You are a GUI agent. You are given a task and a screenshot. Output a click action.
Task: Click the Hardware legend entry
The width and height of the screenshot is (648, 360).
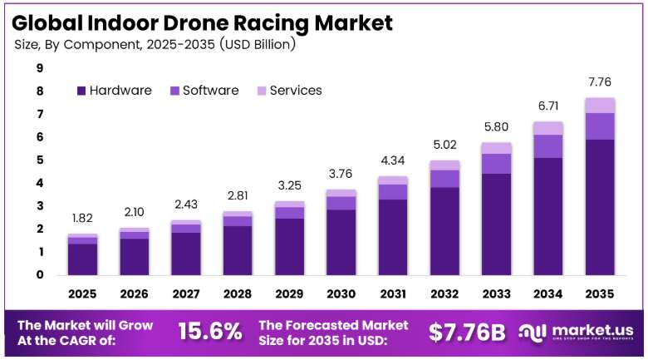click(115, 90)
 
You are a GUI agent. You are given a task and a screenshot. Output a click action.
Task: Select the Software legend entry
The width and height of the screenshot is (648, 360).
click(204, 90)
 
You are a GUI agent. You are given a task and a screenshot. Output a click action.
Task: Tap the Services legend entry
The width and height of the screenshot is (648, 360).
click(289, 90)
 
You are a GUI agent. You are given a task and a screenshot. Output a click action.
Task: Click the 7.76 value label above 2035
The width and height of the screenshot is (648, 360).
click(600, 82)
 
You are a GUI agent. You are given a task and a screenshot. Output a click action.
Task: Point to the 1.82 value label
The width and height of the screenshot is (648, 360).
click(82, 218)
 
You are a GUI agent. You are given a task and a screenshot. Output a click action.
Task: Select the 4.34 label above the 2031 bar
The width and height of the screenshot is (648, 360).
click(393, 160)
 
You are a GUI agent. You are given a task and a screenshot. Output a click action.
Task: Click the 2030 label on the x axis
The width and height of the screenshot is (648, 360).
click(341, 293)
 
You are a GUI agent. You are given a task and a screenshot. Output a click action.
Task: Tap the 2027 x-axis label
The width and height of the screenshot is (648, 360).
click(186, 293)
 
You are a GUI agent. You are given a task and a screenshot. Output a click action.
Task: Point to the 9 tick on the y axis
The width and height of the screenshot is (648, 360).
click(40, 68)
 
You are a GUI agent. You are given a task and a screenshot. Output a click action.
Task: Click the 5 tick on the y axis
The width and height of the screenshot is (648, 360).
click(40, 160)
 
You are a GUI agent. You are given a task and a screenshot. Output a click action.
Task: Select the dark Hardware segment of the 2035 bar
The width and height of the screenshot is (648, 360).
click(600, 207)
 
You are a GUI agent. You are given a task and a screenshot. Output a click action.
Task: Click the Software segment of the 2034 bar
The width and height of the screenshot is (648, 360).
click(548, 146)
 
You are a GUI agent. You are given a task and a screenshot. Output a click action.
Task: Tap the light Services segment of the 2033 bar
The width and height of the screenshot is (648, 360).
click(496, 148)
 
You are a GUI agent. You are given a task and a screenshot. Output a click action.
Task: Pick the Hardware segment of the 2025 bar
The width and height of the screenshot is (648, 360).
click(82, 259)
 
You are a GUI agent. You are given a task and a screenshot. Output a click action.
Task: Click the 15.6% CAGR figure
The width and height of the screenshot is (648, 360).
click(210, 332)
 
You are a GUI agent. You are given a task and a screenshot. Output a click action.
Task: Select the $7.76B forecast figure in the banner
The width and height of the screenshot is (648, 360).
click(467, 332)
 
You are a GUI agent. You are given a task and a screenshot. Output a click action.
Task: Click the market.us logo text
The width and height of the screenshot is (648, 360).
click(592, 330)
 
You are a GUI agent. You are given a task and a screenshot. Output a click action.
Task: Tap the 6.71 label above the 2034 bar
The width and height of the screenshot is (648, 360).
click(548, 106)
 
